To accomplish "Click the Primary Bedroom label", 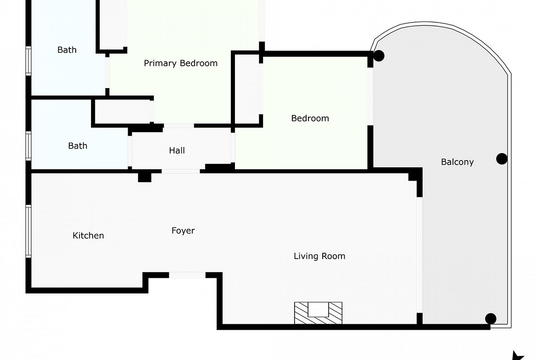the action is [x=180, y=63].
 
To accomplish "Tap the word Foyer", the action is [x=183, y=231].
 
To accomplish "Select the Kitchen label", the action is [x=89, y=235].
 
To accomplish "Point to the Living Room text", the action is [x=319, y=256].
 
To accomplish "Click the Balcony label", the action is [x=457, y=162].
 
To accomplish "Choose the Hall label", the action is [x=177, y=150].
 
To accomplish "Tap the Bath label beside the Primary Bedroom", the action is [x=67, y=50].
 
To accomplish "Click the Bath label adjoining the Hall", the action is [x=78, y=146].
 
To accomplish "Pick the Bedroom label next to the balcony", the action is [x=310, y=118].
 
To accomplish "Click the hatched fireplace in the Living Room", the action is [x=318, y=313].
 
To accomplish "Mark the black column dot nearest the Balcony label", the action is [x=502, y=159].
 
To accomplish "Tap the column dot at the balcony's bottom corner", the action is [x=491, y=319].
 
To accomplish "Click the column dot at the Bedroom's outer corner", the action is [x=379, y=56].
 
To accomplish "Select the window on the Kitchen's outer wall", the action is [x=28, y=231].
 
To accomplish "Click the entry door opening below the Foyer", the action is [x=187, y=275].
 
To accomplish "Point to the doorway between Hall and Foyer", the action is [x=181, y=171].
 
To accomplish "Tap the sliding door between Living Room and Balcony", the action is [x=420, y=255].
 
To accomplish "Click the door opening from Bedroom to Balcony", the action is [x=370, y=96].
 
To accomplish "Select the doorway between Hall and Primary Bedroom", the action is [x=179, y=126].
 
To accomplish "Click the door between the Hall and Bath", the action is [x=130, y=151].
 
